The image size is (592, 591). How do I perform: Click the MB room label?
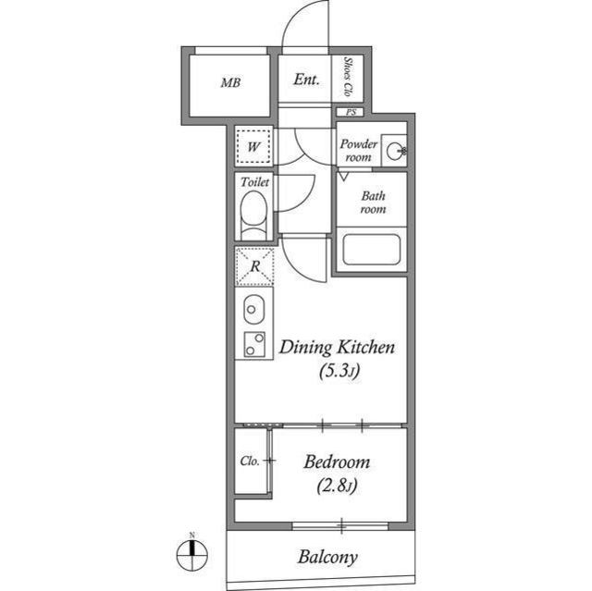[x=230, y=82]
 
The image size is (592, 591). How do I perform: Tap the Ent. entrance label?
[x=306, y=80]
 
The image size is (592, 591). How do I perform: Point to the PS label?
[x=351, y=112]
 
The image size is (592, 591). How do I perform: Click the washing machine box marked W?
[x=253, y=145]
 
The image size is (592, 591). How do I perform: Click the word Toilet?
[x=254, y=182]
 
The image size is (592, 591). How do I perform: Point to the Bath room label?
[x=373, y=203]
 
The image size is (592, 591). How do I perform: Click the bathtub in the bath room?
[x=369, y=251]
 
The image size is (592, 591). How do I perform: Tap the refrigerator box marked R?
[x=253, y=267]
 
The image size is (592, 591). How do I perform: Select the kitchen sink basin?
[x=253, y=307]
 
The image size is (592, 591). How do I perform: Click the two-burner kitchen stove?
[x=253, y=344]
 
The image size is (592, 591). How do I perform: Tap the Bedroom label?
[x=337, y=462]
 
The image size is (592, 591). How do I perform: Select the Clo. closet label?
[x=250, y=461]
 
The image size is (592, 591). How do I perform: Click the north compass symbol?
[x=191, y=554]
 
